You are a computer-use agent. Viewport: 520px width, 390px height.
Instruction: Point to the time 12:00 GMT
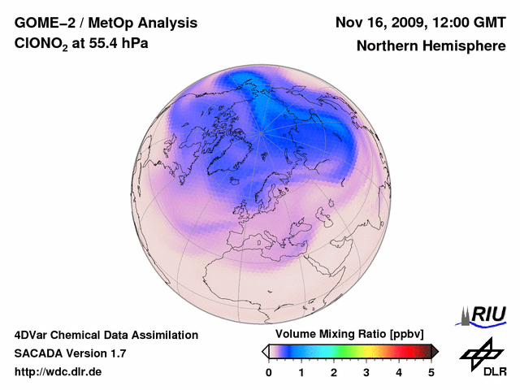472,22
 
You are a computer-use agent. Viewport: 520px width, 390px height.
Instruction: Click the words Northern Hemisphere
431,45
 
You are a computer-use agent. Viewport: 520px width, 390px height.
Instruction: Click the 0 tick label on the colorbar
269,372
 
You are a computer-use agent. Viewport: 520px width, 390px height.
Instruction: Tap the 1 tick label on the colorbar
301,372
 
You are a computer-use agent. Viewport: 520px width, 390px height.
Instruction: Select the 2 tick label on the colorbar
334,372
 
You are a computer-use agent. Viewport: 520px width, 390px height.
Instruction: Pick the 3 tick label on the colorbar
366,372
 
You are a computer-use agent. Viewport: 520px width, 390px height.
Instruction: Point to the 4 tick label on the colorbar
399,372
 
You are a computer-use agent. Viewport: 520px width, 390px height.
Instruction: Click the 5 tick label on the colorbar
431,372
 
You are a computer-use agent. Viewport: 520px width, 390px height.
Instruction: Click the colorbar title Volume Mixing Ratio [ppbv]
346,334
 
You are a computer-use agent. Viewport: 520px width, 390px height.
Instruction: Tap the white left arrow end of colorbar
265,351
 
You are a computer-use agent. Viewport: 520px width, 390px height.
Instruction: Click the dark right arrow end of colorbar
435,351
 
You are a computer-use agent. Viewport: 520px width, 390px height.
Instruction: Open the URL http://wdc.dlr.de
58,372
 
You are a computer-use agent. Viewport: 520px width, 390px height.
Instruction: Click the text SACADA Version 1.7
70,353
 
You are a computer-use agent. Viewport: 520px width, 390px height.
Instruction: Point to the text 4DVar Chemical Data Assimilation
106,335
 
